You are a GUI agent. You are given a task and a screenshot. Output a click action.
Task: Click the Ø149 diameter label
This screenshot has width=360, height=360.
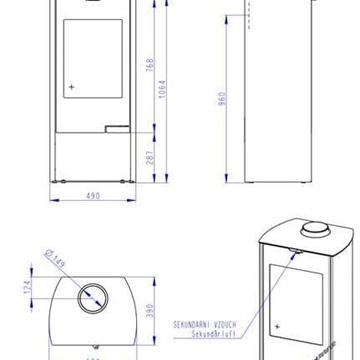54,261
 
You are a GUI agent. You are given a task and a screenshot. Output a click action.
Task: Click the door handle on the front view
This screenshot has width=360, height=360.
118,128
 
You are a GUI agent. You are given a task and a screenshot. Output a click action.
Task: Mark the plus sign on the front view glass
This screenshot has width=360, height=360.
72,87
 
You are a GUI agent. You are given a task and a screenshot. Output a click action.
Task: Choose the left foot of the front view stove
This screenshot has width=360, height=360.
58,182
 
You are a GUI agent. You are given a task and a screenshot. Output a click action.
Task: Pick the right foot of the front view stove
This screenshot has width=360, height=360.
127,182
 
